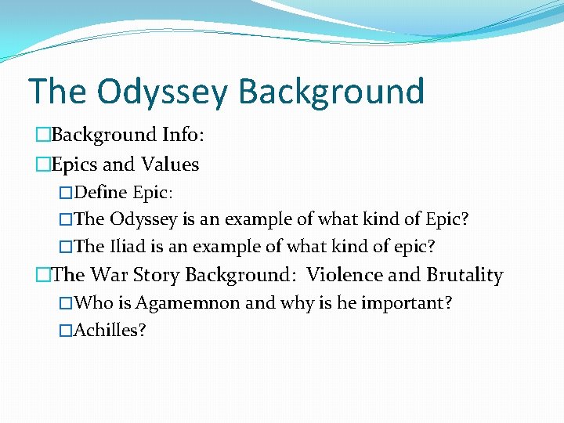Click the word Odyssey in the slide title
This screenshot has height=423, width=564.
tap(163, 92)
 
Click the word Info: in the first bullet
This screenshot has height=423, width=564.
tap(183, 135)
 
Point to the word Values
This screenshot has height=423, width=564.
tap(170, 165)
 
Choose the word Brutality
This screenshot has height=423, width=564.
tap(465, 276)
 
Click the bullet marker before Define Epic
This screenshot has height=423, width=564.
tap(66, 193)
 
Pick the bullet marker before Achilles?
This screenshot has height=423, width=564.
tap(66, 331)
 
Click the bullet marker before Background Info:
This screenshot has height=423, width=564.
tap(43, 136)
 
